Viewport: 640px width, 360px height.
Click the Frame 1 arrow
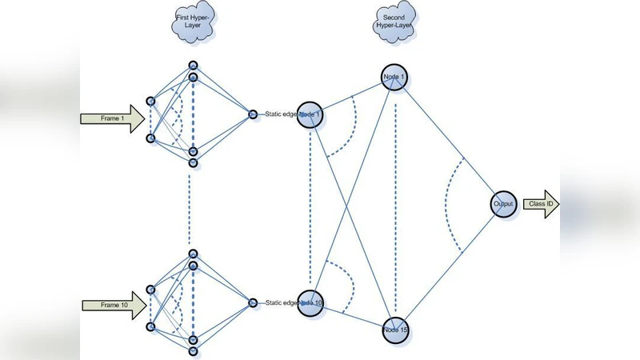click(x=113, y=119)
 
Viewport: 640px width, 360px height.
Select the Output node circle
click(x=502, y=204)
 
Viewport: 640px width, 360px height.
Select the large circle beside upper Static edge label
click(x=310, y=114)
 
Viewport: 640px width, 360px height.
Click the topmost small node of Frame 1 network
click(x=193, y=65)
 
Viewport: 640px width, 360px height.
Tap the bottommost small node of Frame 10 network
click(x=193, y=350)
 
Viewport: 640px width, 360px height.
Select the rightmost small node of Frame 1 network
click(x=253, y=114)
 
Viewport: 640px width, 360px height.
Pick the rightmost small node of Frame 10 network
click(x=253, y=302)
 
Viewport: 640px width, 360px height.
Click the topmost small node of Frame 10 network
click(x=193, y=254)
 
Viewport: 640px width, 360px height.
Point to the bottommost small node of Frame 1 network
click(x=193, y=162)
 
